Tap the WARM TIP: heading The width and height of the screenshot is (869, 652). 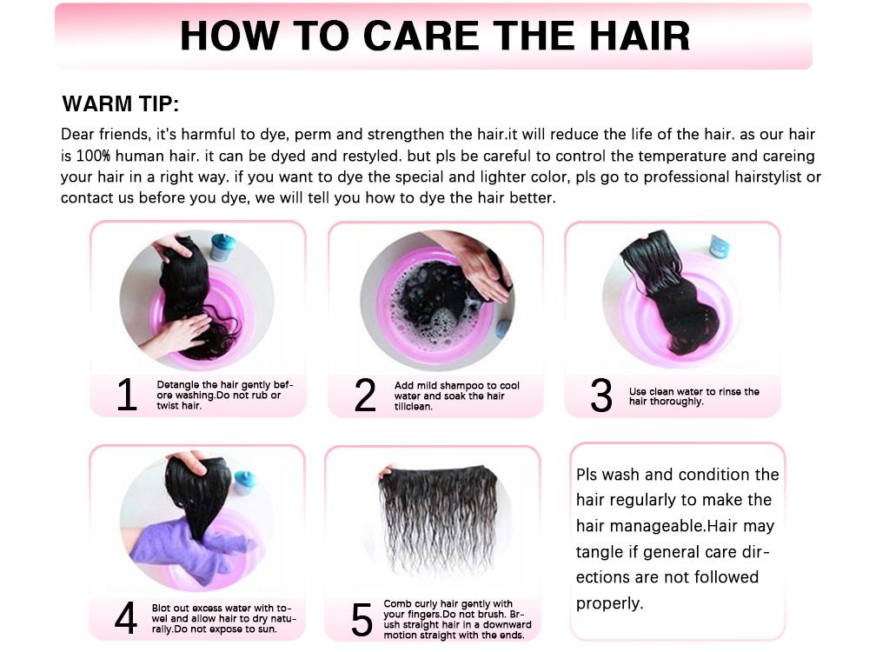click(120, 105)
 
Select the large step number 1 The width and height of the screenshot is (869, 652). click(127, 396)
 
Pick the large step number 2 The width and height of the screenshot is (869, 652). click(365, 396)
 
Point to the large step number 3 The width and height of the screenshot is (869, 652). click(601, 396)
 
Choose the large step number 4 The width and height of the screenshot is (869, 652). click(126, 618)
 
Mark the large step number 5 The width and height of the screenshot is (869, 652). click(362, 619)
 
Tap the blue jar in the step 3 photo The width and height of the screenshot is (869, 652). click(719, 246)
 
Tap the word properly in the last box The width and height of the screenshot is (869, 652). click(610, 603)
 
